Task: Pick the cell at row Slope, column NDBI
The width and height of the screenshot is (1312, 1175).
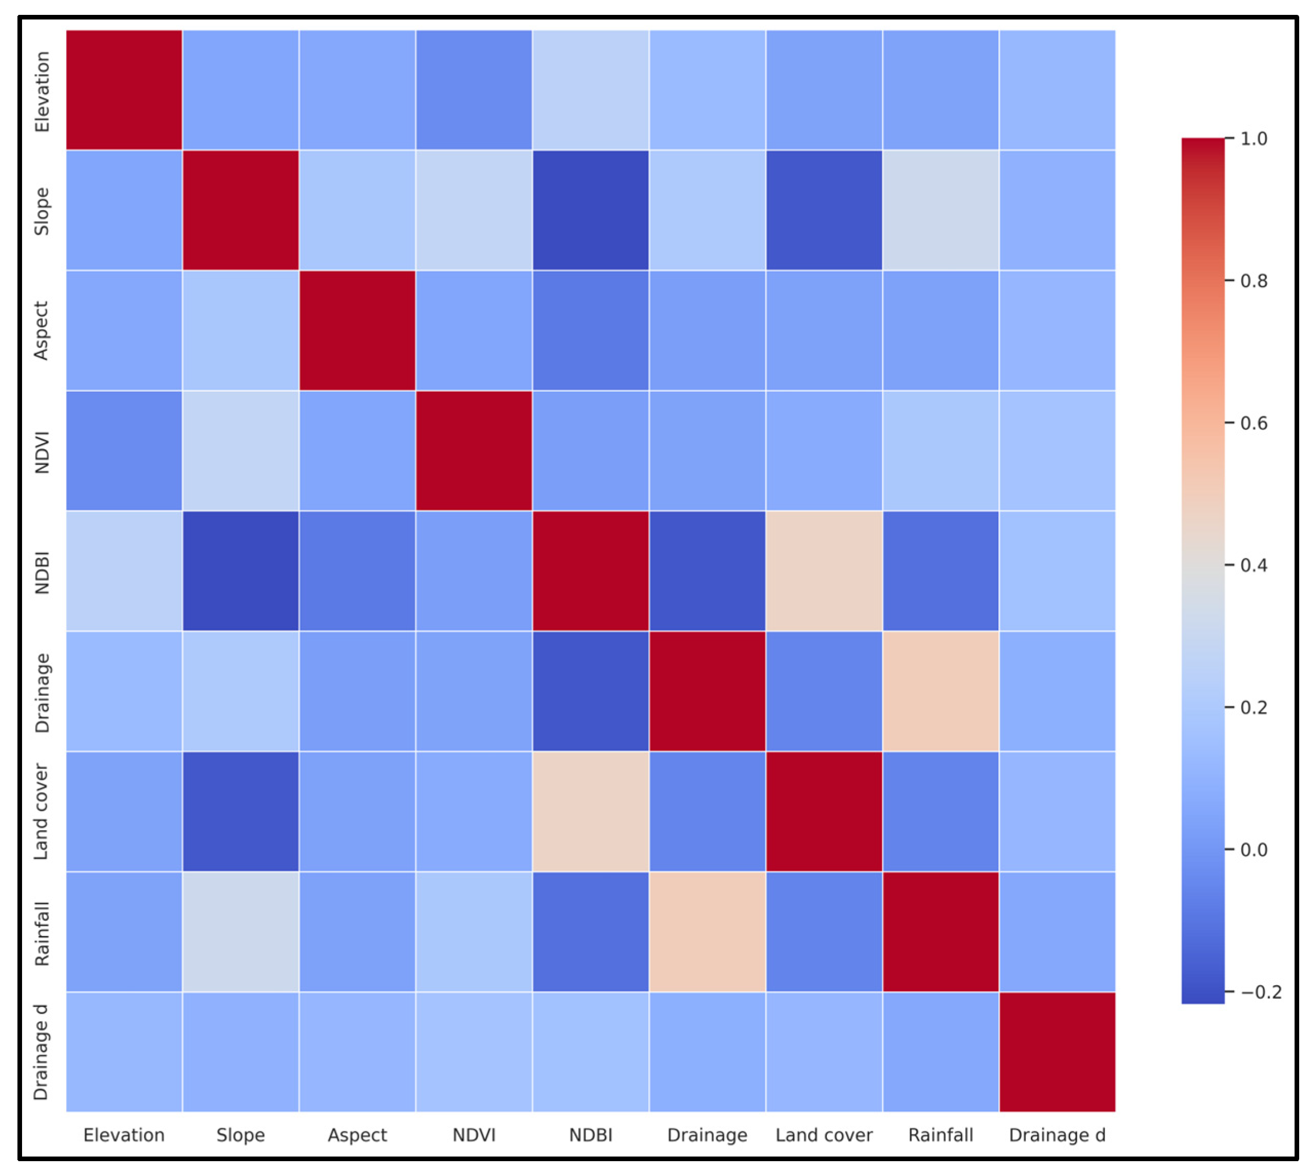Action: point(591,210)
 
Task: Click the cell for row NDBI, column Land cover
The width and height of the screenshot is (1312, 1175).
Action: point(824,571)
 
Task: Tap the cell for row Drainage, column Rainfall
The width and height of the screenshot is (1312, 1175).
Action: point(941,691)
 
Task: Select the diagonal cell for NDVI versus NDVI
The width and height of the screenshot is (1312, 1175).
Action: point(474,451)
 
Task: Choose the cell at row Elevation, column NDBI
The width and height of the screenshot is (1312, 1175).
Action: point(591,90)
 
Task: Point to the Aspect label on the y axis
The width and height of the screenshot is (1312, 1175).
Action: point(42,331)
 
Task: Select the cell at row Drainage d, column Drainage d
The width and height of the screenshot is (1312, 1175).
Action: point(1057,1052)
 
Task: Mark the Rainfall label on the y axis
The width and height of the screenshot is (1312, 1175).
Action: point(42,933)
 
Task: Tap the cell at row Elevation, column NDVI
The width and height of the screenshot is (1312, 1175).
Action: point(474,90)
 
